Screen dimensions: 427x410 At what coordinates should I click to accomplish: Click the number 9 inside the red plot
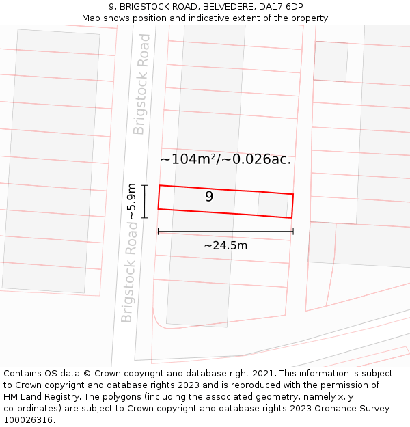click(x=209, y=197)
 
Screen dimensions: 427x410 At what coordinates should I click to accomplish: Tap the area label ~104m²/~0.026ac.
click(x=225, y=159)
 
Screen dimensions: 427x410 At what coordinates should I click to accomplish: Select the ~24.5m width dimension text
click(x=225, y=245)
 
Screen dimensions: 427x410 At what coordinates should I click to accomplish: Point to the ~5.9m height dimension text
click(x=132, y=202)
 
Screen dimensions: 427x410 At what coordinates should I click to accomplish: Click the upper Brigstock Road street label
click(x=141, y=94)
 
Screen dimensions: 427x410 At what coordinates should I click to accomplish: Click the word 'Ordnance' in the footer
click(x=324, y=409)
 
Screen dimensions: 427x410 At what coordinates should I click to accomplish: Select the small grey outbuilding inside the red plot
click(x=272, y=205)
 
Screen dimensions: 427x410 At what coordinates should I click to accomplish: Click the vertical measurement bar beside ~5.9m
click(x=144, y=202)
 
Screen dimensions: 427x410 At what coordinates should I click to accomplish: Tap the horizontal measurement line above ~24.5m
click(x=225, y=232)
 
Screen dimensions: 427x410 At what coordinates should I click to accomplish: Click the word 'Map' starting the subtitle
click(x=91, y=18)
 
